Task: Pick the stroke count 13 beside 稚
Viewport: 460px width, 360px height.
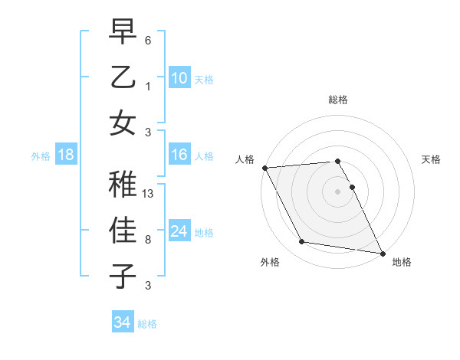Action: (149, 194)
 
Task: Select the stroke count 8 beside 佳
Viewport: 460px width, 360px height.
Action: (148, 240)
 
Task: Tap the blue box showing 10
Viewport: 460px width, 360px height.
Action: (179, 78)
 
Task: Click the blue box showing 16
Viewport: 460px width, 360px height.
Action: (179, 155)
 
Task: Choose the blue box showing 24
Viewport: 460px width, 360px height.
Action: (179, 231)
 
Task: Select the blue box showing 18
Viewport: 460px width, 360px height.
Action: (65, 155)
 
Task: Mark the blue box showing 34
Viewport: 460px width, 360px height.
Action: (122, 322)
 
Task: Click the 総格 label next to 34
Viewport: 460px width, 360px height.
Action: (147, 324)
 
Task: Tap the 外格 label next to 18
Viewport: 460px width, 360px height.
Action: (41, 156)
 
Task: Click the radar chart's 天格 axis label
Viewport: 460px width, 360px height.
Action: (432, 159)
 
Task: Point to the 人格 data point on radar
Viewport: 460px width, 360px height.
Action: (264, 168)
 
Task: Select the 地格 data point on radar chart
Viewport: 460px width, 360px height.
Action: (381, 253)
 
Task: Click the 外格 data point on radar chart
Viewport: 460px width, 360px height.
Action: (302, 242)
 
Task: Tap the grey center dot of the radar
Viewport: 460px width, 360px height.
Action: (338, 191)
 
